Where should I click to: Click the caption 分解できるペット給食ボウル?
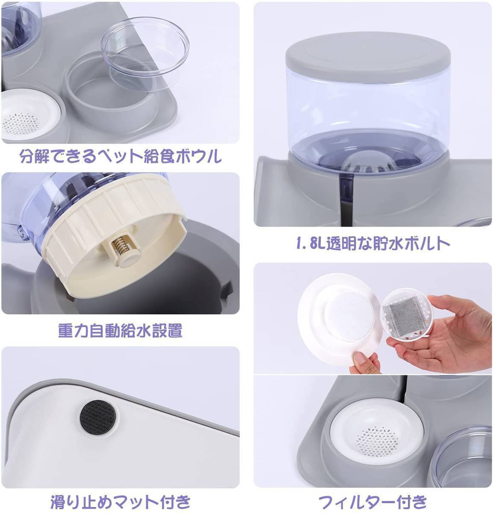(x=120, y=156)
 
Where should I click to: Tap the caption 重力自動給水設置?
(x=120, y=330)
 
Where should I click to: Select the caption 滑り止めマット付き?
(x=120, y=502)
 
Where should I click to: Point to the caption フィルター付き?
(x=373, y=502)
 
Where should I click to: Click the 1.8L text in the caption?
(x=311, y=244)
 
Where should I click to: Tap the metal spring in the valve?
(x=118, y=245)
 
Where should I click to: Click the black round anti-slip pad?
(x=98, y=416)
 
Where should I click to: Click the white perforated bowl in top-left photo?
(x=29, y=115)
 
